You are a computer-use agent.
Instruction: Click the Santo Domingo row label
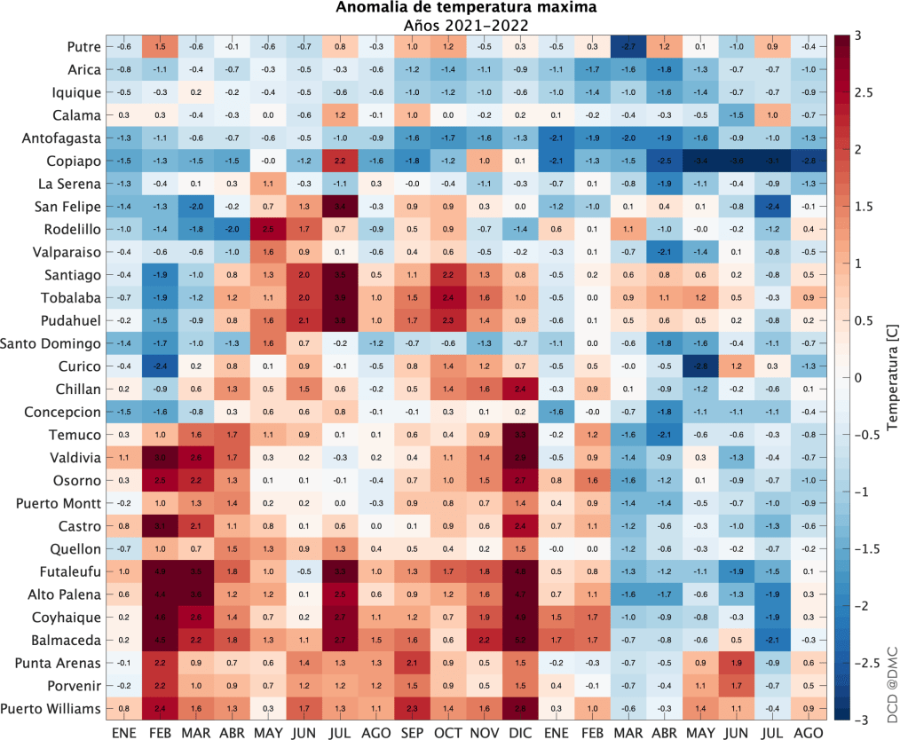coord(54,342)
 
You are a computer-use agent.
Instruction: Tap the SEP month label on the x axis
coord(411,732)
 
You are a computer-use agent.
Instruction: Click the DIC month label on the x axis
coord(520,732)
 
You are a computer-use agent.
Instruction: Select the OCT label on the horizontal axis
coord(448,732)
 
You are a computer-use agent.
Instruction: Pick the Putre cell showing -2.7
coord(629,46)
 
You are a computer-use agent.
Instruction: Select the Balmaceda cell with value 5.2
coord(520,640)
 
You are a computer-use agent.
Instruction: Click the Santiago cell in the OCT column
coord(448,274)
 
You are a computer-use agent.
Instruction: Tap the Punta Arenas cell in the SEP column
coord(411,662)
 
